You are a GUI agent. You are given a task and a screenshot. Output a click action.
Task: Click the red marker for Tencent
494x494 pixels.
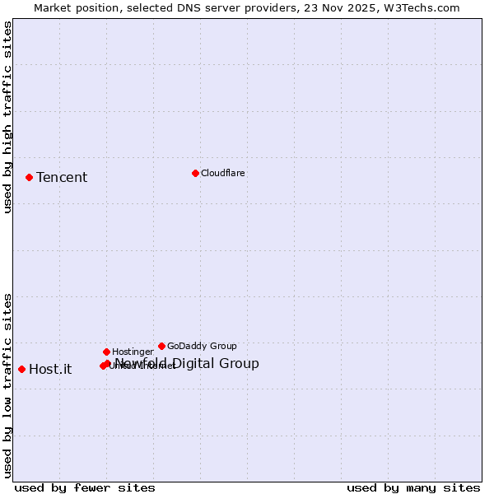point(29,177)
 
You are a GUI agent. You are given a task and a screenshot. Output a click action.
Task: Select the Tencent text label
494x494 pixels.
point(62,178)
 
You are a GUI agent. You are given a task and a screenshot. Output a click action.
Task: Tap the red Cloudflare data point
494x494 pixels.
point(195,173)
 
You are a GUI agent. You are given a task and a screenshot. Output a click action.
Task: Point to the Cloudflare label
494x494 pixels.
point(223,173)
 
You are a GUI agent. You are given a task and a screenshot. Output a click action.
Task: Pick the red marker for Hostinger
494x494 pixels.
point(106,352)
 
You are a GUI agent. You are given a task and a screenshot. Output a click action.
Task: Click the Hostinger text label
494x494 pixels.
point(133,352)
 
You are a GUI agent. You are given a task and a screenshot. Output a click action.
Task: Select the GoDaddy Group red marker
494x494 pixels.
point(161,346)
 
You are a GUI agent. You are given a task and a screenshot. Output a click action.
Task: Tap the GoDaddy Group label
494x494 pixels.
point(202,346)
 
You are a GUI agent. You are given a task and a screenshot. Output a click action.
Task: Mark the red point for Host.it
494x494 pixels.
point(21,369)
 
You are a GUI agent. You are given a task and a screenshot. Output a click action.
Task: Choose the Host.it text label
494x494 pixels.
point(50,369)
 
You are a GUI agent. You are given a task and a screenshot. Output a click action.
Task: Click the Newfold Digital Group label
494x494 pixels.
point(187,364)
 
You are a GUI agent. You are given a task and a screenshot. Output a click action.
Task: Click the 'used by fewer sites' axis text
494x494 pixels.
point(85,488)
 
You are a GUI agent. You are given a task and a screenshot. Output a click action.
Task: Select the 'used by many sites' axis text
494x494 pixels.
point(413,488)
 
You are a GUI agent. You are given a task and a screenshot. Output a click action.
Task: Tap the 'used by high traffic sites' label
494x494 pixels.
point(8,118)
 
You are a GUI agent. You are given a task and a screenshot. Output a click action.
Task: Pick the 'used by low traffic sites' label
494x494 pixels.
point(8,385)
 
